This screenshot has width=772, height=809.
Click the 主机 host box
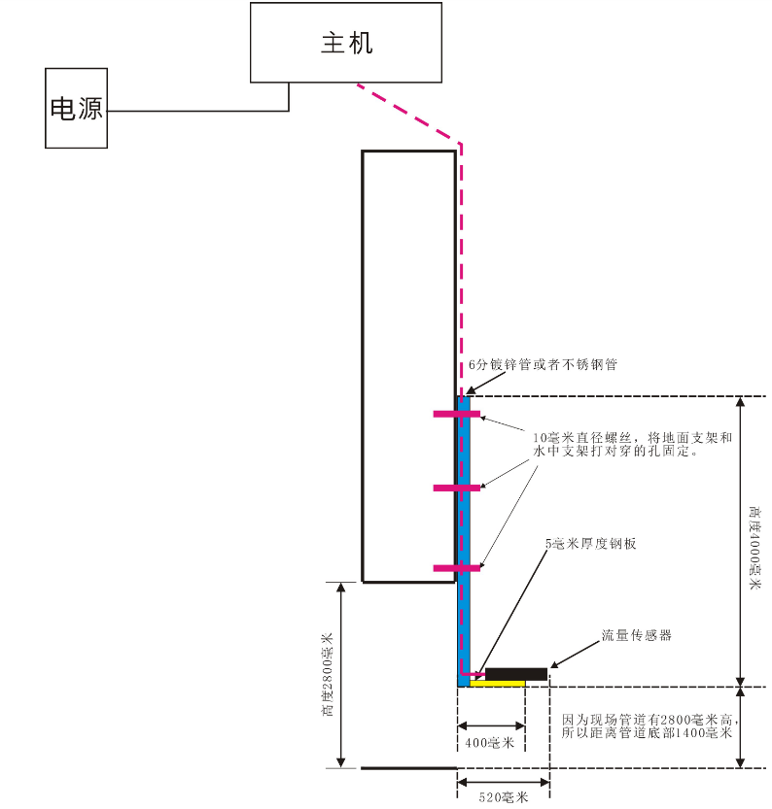point(347,43)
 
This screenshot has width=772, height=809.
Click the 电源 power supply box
point(76,108)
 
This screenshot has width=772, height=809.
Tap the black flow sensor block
point(515,674)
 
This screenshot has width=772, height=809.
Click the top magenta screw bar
point(456,415)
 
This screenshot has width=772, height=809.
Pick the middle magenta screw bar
point(456,487)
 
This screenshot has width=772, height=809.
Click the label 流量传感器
point(637,636)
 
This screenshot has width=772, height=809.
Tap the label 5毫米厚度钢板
point(592,545)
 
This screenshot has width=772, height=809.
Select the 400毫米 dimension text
point(491,743)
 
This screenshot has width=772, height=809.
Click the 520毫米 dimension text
point(504,797)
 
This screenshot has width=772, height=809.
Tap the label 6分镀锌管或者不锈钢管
point(544,365)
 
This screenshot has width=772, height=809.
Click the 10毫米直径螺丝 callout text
point(632,444)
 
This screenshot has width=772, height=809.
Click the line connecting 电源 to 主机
point(194,111)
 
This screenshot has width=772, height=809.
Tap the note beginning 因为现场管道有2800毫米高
point(647,726)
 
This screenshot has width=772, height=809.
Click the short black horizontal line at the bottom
point(408,768)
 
